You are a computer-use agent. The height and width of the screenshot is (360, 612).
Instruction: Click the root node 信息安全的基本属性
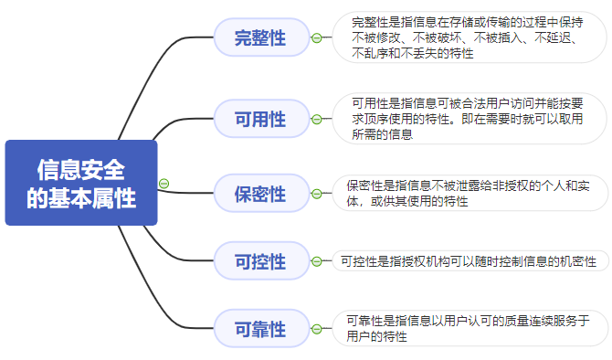[81, 183]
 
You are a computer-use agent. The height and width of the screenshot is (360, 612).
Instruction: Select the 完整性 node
[260, 38]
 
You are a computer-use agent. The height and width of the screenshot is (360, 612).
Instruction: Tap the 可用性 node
[260, 119]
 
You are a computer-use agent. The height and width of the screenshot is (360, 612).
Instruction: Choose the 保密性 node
[260, 194]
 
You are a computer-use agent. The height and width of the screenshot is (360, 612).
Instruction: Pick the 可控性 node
[260, 262]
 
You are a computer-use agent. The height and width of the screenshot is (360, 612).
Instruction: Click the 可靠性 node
[260, 329]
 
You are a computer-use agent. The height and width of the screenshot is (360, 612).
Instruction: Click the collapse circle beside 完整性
[316, 38]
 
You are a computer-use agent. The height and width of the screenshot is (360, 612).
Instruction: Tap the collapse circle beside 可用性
[316, 119]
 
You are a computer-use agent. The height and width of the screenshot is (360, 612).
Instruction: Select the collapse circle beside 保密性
[316, 194]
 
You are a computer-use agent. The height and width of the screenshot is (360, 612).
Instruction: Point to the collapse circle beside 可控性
[316, 262]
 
